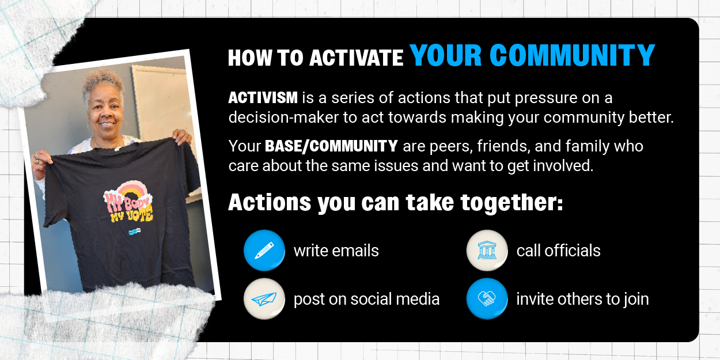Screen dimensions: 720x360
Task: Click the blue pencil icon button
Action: pyautogui.click(x=264, y=251)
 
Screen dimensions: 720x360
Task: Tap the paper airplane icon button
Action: pyautogui.click(x=264, y=299)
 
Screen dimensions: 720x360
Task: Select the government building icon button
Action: pyautogui.click(x=487, y=251)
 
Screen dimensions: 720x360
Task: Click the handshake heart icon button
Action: pyautogui.click(x=487, y=299)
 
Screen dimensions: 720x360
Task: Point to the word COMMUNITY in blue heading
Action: pyautogui.click(x=573, y=55)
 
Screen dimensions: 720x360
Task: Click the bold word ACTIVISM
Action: pyautogui.click(x=263, y=98)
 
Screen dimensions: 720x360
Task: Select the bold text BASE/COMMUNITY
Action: pyautogui.click(x=331, y=146)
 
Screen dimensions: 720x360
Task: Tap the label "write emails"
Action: pyautogui.click(x=336, y=251)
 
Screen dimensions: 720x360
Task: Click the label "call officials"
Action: pyautogui.click(x=558, y=251)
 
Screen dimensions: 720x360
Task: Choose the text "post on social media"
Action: pyautogui.click(x=366, y=300)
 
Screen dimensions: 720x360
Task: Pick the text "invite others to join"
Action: pyautogui.click(x=582, y=300)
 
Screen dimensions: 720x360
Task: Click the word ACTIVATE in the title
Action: pyautogui.click(x=356, y=58)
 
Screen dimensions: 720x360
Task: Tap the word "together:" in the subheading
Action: pyautogui.click(x=511, y=203)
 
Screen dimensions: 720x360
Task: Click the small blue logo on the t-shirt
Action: pyautogui.click(x=135, y=232)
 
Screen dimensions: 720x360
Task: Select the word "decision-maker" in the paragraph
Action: pyautogui.click(x=283, y=118)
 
